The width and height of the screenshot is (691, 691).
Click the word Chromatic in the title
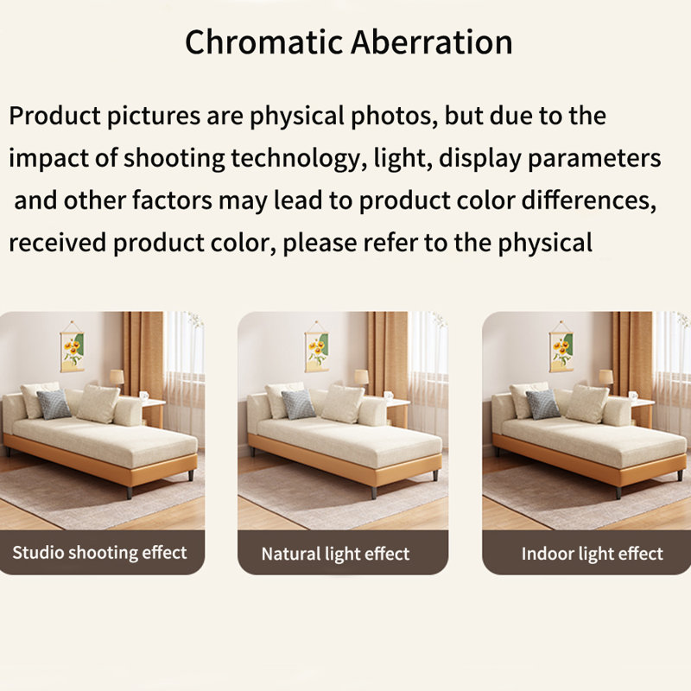tap(263, 41)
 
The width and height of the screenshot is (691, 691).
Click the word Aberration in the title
tap(432, 41)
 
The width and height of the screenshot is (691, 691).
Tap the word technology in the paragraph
tap(296, 159)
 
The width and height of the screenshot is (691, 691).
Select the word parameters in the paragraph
tap(594, 159)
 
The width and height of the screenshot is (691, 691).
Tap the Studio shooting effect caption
tap(99, 552)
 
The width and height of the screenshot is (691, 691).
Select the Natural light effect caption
tap(335, 554)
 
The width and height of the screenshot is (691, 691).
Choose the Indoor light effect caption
tap(592, 554)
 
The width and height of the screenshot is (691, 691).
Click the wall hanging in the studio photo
tap(72, 346)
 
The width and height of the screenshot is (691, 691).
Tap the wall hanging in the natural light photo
tap(316, 346)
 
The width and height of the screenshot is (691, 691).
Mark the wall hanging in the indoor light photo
tap(561, 346)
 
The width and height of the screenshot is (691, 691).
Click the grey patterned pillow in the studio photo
tap(54, 404)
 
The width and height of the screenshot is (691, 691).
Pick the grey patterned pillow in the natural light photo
tap(298, 404)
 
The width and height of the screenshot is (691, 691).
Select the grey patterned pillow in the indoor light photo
tap(543, 404)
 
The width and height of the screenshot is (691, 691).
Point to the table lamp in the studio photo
tap(117, 380)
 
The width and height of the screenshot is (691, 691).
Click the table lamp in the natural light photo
tap(361, 380)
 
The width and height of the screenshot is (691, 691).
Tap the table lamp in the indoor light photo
tap(606, 380)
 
